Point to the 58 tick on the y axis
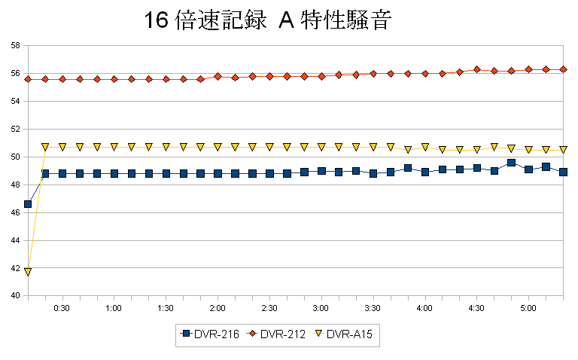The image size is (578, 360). (x=14, y=46)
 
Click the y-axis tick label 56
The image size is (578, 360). (x=14, y=74)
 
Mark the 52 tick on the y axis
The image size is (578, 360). (x=14, y=130)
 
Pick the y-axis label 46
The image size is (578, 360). (x=14, y=213)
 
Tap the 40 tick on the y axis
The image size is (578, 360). (x=14, y=296)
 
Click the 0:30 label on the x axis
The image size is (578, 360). (x=62, y=309)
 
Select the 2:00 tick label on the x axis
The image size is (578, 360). (x=217, y=309)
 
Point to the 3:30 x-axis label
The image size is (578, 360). (x=373, y=309)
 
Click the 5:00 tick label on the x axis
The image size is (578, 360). (x=528, y=309)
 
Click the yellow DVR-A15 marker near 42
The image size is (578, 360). (x=28, y=271)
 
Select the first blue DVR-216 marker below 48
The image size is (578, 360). (x=28, y=204)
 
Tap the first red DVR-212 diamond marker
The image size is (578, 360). (x=28, y=79)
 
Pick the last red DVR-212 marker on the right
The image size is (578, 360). (x=563, y=69)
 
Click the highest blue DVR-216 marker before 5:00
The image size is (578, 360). (x=511, y=163)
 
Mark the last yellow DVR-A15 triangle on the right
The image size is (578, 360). (x=563, y=149)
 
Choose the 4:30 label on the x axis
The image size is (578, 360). (x=476, y=309)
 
